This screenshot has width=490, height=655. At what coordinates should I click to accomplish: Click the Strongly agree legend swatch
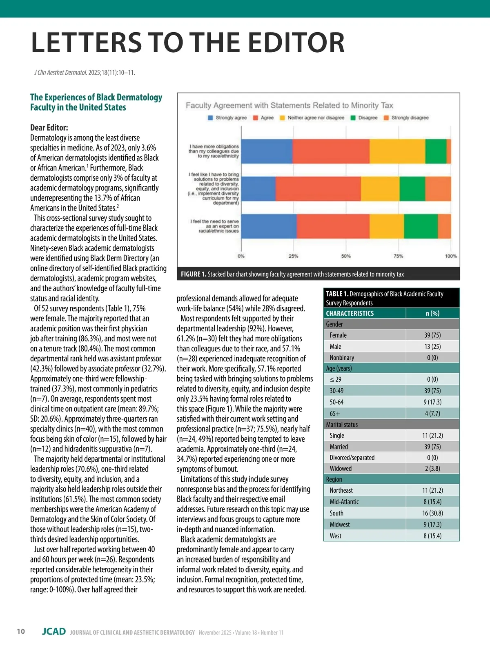211,118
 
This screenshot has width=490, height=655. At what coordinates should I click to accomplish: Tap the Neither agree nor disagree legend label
316,118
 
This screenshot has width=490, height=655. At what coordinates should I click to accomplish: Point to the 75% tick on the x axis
398,256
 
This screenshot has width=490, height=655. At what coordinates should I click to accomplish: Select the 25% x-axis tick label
293,256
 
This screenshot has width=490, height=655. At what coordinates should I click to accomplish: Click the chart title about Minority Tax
289,106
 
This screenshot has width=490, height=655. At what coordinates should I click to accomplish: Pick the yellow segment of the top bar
397,151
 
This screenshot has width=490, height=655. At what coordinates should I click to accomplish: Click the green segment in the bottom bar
421,226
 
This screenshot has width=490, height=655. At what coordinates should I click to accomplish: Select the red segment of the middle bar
318,189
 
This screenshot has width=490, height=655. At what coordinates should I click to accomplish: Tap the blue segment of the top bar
267,151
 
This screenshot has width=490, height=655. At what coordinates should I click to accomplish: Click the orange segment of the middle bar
438,189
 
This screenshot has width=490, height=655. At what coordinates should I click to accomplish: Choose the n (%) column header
432,313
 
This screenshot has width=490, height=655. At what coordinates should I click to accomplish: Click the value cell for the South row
432,513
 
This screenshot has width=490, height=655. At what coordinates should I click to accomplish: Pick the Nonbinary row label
342,358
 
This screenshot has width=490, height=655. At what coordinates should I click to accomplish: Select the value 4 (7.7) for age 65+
432,413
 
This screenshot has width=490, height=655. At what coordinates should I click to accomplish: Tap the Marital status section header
342,425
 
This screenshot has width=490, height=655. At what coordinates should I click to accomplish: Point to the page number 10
21,632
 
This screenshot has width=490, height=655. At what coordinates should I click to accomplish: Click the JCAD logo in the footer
54,632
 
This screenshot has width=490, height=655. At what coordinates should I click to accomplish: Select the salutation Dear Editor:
49,128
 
